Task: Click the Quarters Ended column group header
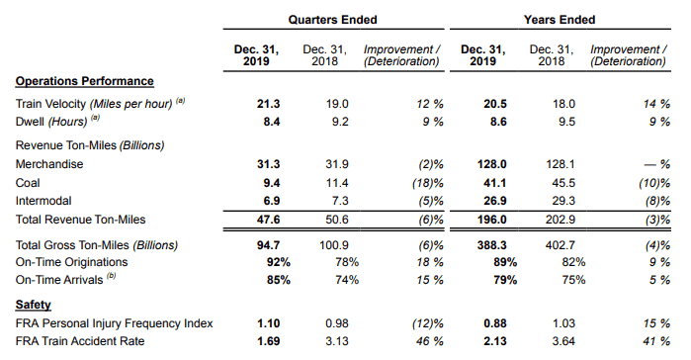point(333,20)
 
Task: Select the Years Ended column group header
point(560,20)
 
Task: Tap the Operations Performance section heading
point(85,81)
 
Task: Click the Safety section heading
point(33,305)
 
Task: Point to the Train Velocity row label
point(50,104)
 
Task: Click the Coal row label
point(28,183)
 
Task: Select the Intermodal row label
point(43,201)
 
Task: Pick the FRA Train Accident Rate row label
point(80,341)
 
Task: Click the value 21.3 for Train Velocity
point(268,104)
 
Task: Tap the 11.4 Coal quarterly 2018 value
point(337,183)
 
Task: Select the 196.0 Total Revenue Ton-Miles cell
point(492,220)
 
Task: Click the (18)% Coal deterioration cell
point(427,183)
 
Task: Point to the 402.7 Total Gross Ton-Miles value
point(561,245)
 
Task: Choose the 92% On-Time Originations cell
point(279,262)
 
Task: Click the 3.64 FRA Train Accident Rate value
point(564,341)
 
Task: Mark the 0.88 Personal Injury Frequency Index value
point(495,323)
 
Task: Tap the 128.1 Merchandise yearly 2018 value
point(561,164)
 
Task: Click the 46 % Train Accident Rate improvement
point(430,341)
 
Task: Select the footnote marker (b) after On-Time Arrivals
point(112,276)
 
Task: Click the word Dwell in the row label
point(30,122)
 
